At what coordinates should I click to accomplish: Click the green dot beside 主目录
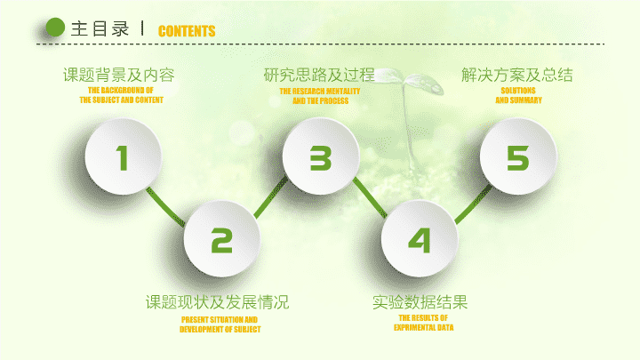coord(55,28)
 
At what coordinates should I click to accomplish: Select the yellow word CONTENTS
coord(187,31)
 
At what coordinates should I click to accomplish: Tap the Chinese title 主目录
coord(100,29)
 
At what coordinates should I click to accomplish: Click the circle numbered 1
coord(123,156)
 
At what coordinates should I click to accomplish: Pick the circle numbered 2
coord(221,239)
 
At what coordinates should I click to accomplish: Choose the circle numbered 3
coord(321,156)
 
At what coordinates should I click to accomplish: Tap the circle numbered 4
coord(420,239)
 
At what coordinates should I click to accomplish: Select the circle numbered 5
coord(518,156)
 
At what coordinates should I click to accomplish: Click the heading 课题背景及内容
coord(119,75)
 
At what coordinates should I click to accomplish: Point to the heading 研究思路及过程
coord(319,75)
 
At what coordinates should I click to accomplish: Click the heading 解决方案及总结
coord(517,75)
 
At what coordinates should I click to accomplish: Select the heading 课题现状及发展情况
coord(217,302)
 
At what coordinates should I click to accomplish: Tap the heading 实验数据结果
coord(420,302)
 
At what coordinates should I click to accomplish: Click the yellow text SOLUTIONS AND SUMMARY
coord(518,95)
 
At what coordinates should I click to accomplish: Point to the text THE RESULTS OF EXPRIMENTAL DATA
coord(424,323)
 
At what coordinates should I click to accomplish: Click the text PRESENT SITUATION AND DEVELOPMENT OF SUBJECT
coord(220,324)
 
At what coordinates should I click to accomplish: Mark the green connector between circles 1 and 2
coord(165,206)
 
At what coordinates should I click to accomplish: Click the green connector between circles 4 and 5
coord(474,204)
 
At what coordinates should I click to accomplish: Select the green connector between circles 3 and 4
coord(370,197)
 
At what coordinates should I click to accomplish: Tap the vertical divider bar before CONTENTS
coord(142,28)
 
